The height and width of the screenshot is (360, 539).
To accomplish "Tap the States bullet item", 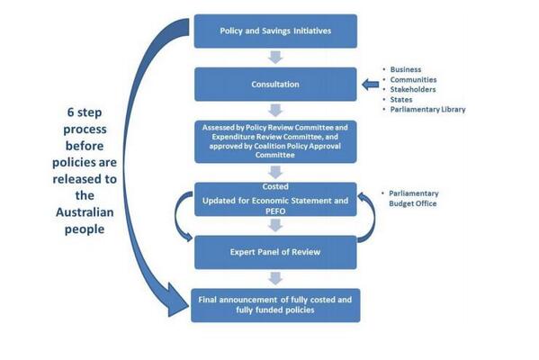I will click(x=401, y=99).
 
